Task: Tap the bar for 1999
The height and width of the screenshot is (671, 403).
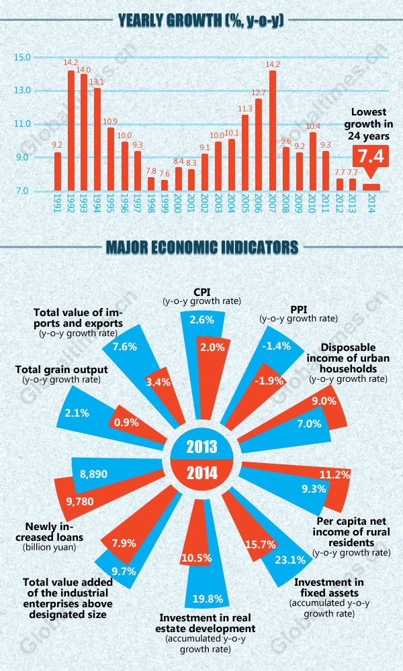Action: point(165,185)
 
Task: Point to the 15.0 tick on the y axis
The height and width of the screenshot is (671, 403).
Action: point(22,57)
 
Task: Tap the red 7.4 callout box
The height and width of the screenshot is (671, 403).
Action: point(371,158)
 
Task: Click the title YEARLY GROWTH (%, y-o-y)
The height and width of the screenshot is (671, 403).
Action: point(201,20)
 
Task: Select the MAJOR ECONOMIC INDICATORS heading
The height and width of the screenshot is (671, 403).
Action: point(201,248)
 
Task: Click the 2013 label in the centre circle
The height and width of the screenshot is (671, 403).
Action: point(201,447)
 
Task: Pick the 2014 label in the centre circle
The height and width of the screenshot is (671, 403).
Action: point(201,472)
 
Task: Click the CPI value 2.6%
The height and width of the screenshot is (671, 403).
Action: point(201,320)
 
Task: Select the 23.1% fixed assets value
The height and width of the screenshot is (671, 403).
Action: point(290,559)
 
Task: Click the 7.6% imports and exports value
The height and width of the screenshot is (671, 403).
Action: point(124,347)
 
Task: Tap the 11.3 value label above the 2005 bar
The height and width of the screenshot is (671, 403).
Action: point(245,108)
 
